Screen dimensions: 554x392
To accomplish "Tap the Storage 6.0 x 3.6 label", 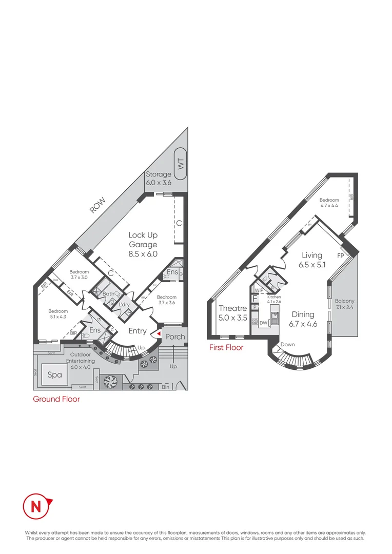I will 158,179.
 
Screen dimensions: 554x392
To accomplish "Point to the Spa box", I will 54,375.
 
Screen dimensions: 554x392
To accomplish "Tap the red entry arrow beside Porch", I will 159,334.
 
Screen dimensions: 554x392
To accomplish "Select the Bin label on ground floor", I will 165,386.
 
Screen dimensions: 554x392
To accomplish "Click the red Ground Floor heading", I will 56,399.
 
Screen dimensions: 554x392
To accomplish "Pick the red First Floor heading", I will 226,347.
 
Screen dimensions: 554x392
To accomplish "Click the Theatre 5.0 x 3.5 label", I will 233,313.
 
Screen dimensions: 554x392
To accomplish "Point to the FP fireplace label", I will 340,255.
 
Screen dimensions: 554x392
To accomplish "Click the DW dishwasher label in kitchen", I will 263,323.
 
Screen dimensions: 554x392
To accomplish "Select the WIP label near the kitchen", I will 259,290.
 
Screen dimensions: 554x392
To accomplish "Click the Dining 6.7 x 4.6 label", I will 303,319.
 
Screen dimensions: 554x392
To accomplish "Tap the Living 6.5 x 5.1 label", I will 312,260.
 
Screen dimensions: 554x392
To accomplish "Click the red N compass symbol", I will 37,506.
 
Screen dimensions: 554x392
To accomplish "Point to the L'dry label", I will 124,305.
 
